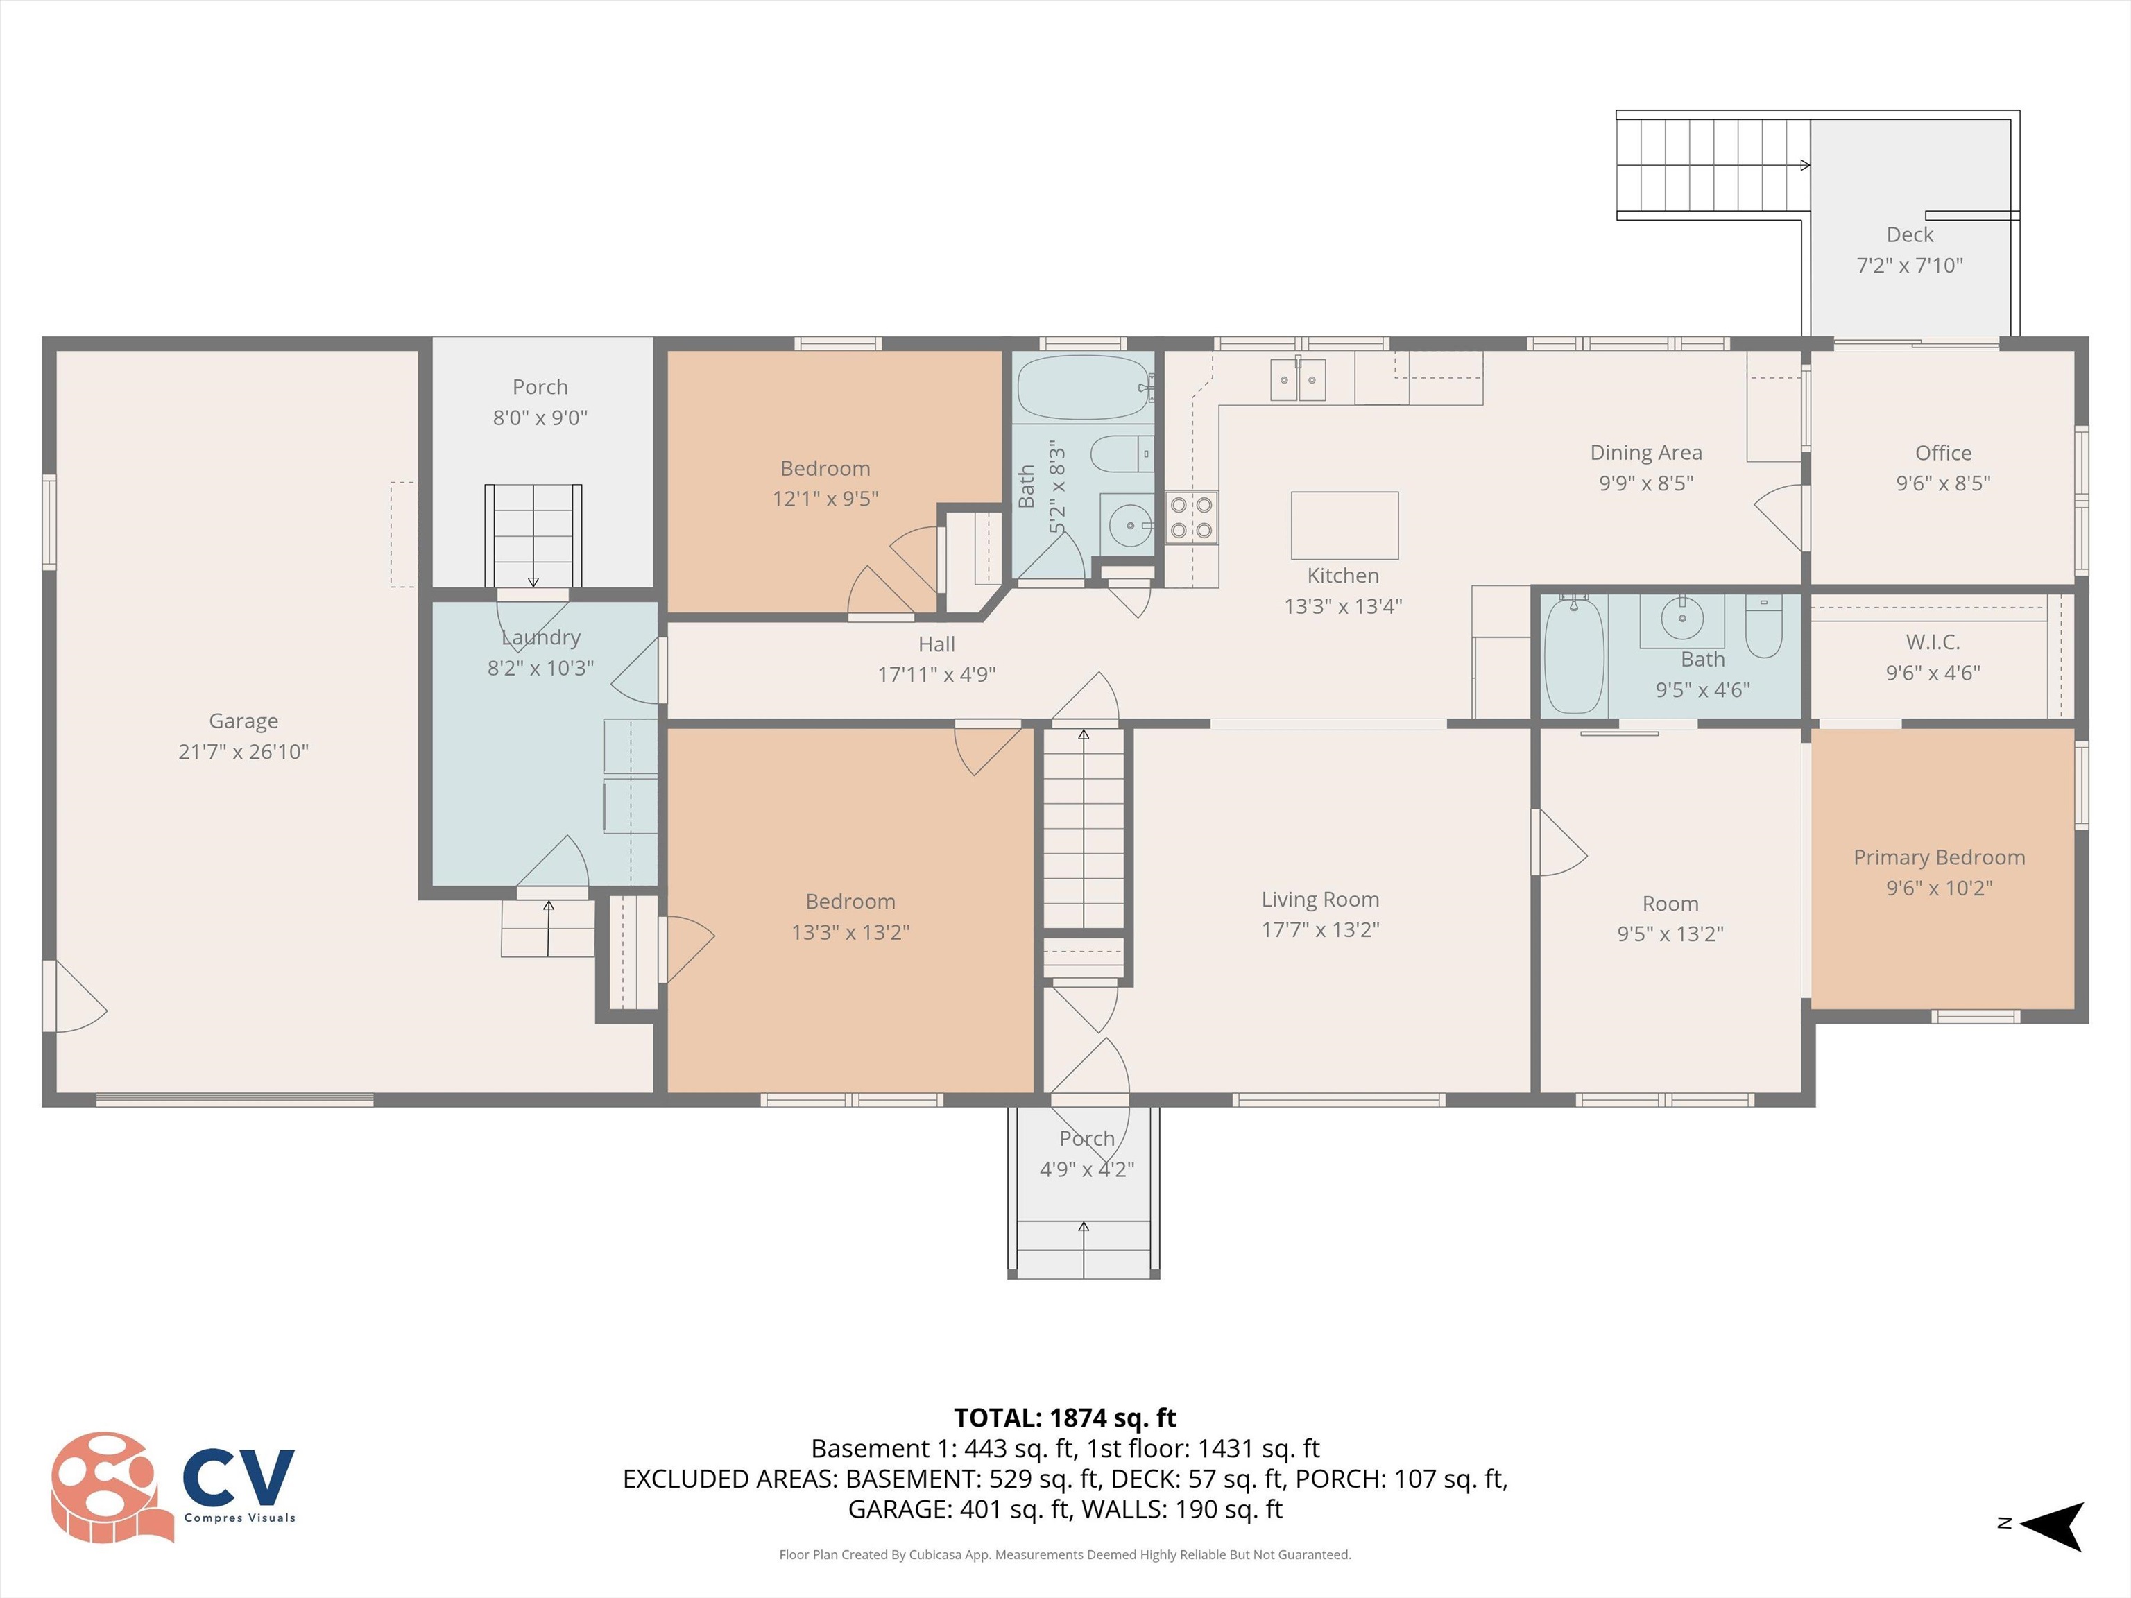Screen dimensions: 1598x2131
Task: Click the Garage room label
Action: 243,721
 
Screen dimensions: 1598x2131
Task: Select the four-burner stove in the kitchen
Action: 1191,517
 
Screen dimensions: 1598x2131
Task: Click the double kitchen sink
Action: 1298,379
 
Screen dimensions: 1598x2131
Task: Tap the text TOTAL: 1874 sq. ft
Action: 1065,1418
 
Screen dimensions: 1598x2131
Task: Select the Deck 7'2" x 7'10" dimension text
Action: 1910,265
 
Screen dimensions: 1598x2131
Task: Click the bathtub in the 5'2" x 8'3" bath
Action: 1084,387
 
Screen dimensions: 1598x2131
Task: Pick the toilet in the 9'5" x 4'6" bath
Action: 1764,626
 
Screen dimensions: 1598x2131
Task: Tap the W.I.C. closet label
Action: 1933,642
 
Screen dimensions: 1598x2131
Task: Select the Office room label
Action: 1942,453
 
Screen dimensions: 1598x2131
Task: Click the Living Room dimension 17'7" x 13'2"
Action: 1320,929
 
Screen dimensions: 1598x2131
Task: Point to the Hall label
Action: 936,644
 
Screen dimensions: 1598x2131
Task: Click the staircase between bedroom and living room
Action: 1084,828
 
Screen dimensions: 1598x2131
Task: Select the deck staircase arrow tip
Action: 1806,166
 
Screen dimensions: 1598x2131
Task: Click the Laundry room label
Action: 540,637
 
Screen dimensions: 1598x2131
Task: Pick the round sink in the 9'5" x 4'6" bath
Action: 1682,617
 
